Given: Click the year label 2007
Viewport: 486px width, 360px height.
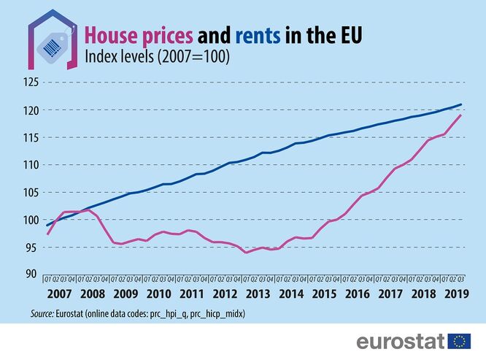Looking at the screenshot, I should coord(59,294).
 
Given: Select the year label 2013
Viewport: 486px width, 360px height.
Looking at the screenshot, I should coord(257,294).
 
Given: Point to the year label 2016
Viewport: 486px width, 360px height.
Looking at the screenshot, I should coord(356,294).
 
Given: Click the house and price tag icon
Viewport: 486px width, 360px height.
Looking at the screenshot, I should coord(53,40).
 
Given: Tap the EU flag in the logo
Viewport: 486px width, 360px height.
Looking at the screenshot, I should coord(459,341).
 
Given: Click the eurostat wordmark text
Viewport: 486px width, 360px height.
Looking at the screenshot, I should coord(401,341).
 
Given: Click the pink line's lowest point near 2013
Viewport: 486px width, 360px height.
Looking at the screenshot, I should coord(247,253).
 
